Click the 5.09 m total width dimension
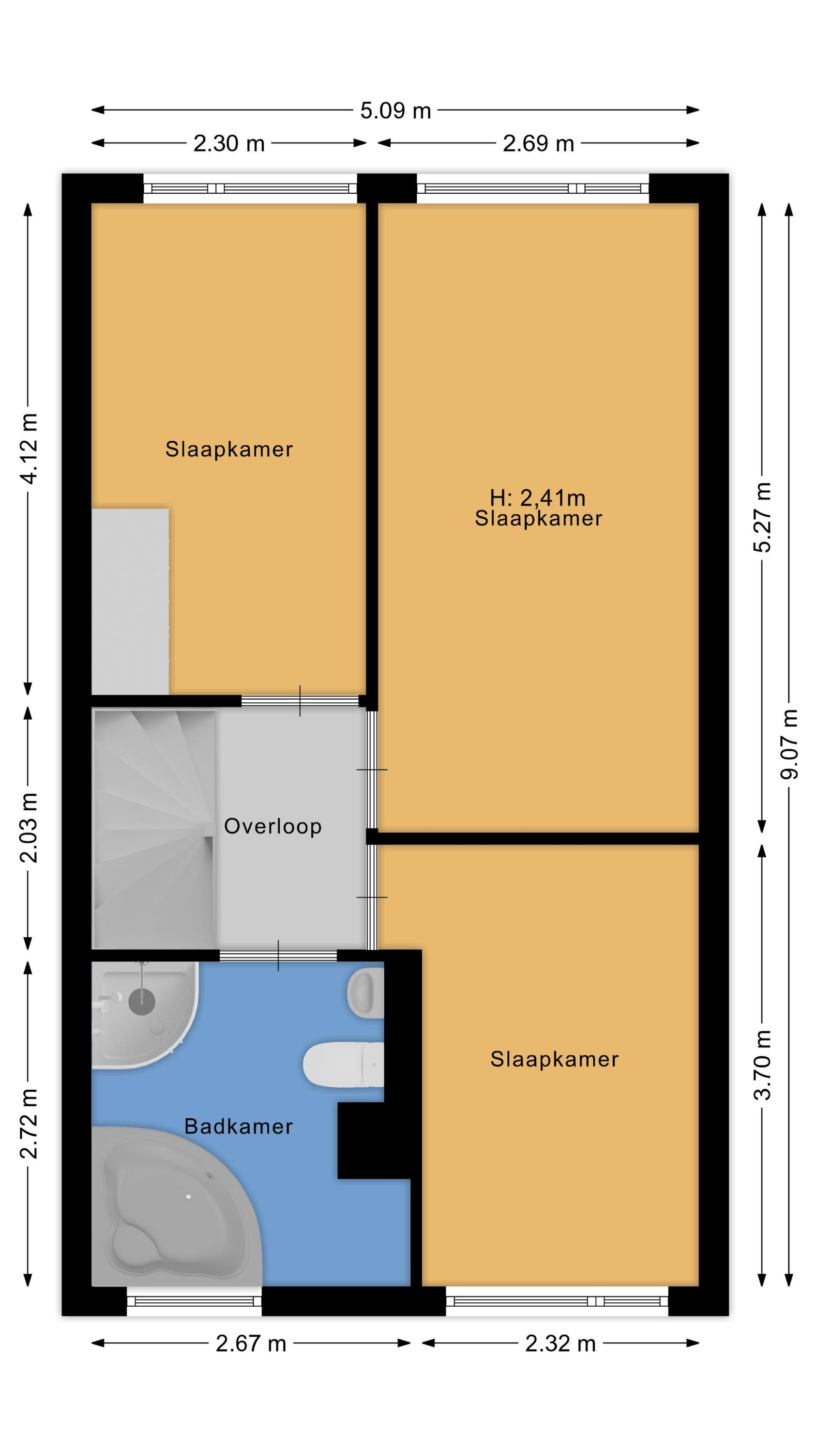(395, 110)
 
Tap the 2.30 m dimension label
(229, 143)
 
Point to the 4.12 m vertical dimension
(28, 448)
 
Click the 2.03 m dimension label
(28, 827)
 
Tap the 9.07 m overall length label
(789, 744)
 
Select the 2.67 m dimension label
(251, 1344)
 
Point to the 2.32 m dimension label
(560, 1344)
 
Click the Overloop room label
(273, 826)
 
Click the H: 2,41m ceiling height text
(537, 497)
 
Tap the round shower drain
(141, 1001)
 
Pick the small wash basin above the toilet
(365, 993)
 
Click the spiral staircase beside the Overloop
(153, 829)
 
